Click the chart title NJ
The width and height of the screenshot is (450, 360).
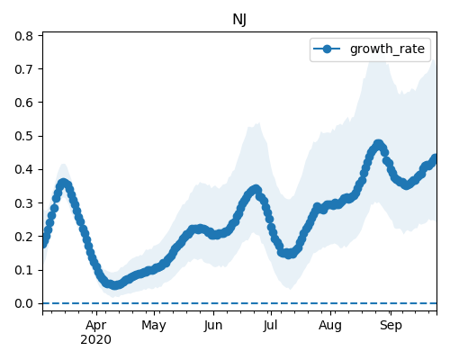click(239, 20)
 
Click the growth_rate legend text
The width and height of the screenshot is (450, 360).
click(387, 49)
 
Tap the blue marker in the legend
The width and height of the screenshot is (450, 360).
click(327, 49)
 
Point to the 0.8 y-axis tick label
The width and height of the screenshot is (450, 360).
click(23, 36)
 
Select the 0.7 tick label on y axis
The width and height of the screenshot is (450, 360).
click(23, 69)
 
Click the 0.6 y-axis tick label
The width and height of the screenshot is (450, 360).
click(23, 103)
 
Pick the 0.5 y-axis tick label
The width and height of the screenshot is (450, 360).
click(23, 136)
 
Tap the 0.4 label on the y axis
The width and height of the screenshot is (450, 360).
click(23, 169)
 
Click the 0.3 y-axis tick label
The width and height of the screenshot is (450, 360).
click(23, 203)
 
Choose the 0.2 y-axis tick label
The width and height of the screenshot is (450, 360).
click(23, 237)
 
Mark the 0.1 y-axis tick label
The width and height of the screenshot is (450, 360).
click(23, 270)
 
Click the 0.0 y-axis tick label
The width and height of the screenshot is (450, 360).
click(23, 303)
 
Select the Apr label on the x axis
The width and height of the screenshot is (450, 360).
click(96, 326)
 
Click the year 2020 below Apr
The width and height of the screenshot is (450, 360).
click(95, 339)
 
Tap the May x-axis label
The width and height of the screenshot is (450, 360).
click(154, 326)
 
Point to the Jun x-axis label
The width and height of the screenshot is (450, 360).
click(213, 326)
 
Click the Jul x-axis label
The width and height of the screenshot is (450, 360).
click(271, 326)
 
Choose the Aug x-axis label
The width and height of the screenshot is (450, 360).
click(330, 326)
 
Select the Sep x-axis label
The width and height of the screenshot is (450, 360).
click(391, 326)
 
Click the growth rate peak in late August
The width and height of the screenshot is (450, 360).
click(378, 144)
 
